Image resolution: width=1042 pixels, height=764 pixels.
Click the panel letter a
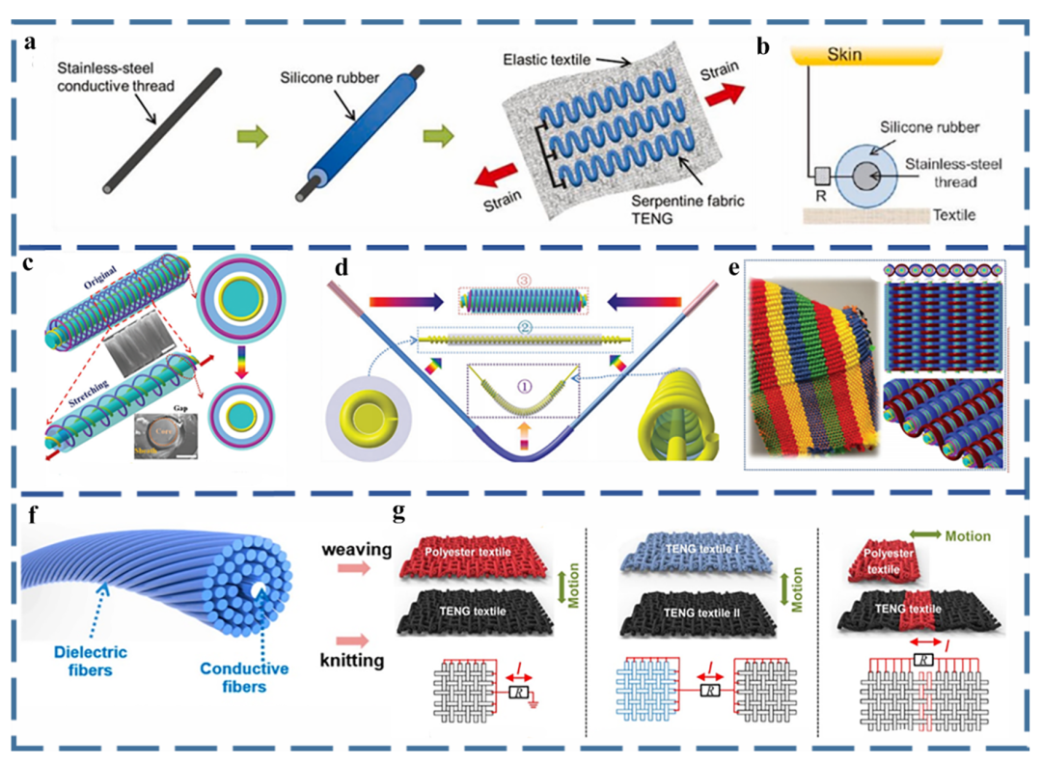pyautogui.click(x=32, y=42)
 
